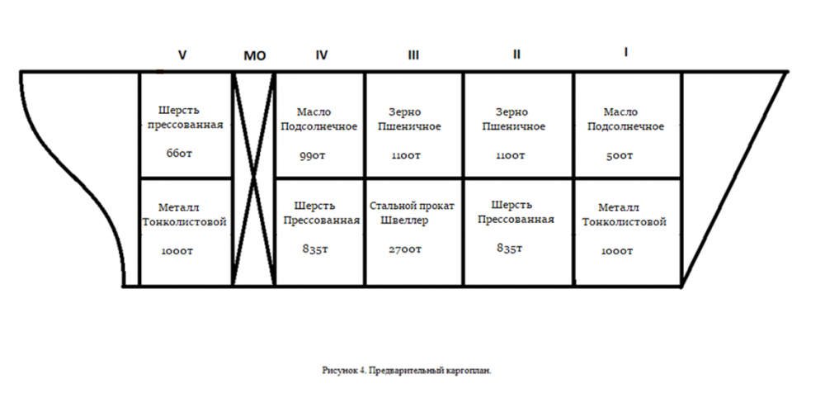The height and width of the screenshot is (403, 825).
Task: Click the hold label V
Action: coord(182,55)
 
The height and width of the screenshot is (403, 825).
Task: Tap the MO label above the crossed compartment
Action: coord(255,55)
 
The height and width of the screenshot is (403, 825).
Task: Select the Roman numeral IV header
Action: coord(321,55)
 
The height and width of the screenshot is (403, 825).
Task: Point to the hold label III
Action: coord(414,55)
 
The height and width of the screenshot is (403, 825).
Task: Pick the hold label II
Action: coord(516,55)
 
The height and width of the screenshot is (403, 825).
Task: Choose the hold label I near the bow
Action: coord(625,53)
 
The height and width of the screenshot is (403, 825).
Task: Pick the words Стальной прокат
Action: coord(412,206)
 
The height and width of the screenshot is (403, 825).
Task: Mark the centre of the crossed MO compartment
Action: coord(254,179)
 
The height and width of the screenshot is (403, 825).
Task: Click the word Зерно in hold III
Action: coord(404,112)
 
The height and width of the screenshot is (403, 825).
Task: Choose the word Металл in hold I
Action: coord(618,207)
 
